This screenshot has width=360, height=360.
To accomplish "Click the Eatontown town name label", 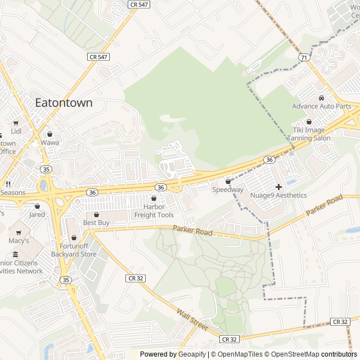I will click(64, 103).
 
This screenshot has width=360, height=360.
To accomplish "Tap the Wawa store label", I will click(49, 142).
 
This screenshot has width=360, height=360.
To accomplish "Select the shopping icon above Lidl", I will click(16, 123).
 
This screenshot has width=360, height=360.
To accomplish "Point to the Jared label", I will click(37, 214).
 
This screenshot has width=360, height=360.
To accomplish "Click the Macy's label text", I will click(19, 240).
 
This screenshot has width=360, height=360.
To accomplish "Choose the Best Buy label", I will click(96, 223).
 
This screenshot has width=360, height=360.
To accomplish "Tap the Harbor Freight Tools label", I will click(154, 211).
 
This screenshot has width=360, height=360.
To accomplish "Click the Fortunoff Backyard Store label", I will click(74, 250).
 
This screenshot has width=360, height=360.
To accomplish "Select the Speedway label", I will click(228, 190).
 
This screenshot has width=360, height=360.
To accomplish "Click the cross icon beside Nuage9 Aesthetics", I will click(278, 187).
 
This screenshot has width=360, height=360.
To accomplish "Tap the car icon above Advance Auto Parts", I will click(321, 98).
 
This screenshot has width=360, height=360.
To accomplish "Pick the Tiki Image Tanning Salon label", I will click(308, 134).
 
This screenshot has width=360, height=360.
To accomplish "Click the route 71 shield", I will click(304, 57).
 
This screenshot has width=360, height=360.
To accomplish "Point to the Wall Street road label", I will click(192, 319).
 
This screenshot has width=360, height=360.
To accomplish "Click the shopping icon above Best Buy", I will click(96, 214).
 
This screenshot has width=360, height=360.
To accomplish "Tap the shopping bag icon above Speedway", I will click(228, 182).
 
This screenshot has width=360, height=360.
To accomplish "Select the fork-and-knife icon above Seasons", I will click(8, 183).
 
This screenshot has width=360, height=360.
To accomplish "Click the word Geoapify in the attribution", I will click(192, 354).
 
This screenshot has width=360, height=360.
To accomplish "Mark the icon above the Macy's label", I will click(19, 232).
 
